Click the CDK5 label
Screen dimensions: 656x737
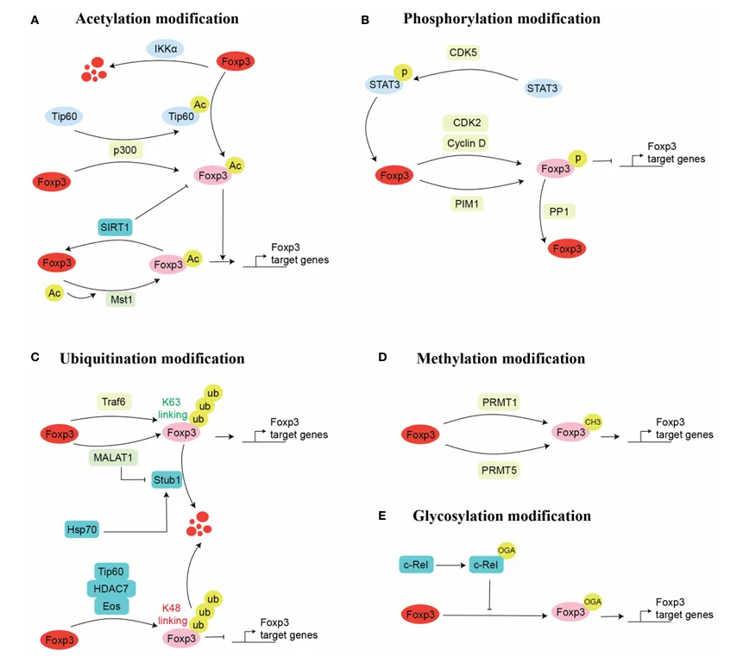click(464, 53)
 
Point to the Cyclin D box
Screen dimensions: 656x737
click(465, 142)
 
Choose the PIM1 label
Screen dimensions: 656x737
click(464, 203)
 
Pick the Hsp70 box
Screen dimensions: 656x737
click(83, 528)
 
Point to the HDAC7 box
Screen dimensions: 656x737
click(111, 588)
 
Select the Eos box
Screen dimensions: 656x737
click(111, 606)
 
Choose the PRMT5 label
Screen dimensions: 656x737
click(498, 470)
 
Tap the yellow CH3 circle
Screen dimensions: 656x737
click(591, 422)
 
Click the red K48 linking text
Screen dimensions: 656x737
click(172, 615)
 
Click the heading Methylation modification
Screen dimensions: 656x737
click(501, 358)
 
